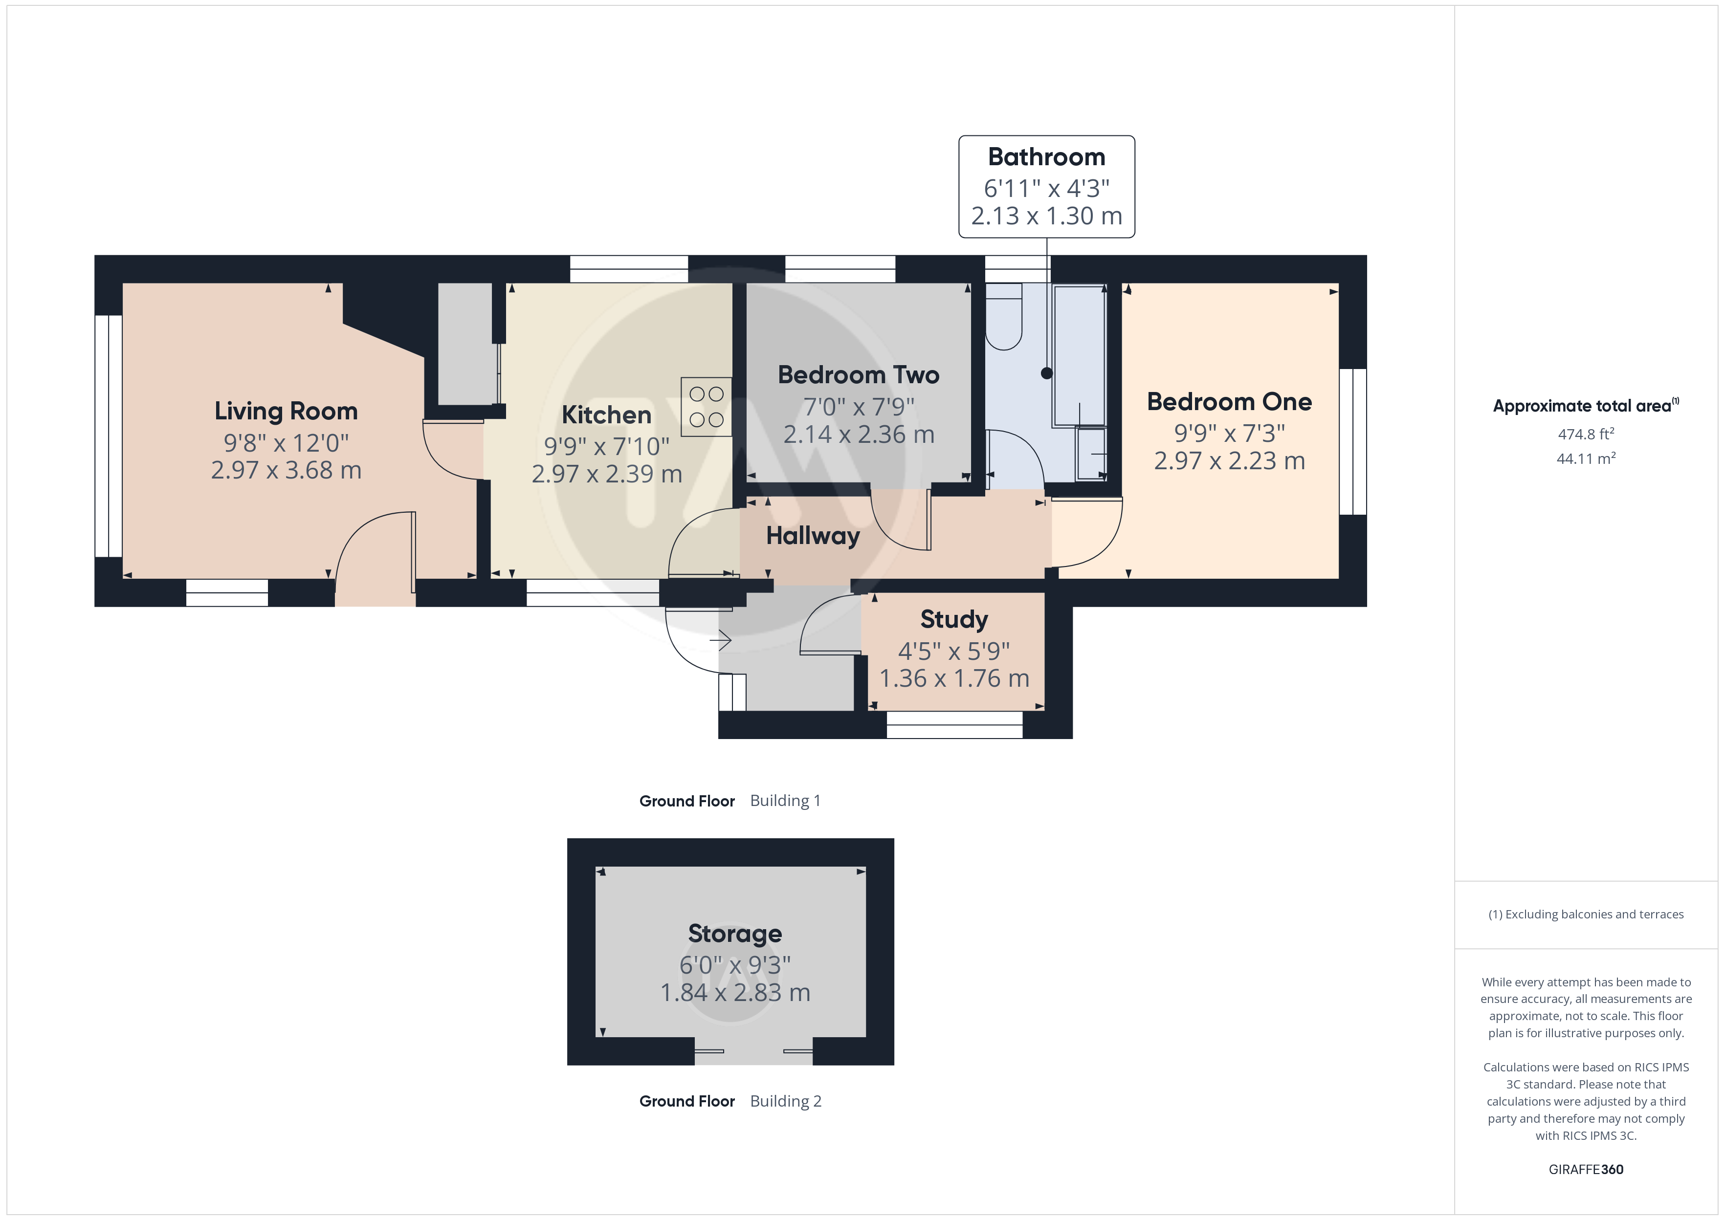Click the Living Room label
pos(286,411)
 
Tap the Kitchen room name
pos(606,414)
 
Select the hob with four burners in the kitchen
pos(706,406)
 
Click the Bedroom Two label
pos(859,375)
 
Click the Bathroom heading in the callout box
pos(1046,157)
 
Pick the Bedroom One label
pos(1229,402)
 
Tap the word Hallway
pos(813,536)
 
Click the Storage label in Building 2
pos(735,934)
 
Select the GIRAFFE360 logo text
pos(1586,1170)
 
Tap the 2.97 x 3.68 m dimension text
pos(286,470)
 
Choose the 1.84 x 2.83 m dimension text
pos(735,993)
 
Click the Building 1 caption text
pos(785,801)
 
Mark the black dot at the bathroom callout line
pos(1046,373)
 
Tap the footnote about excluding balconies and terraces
pos(1586,914)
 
